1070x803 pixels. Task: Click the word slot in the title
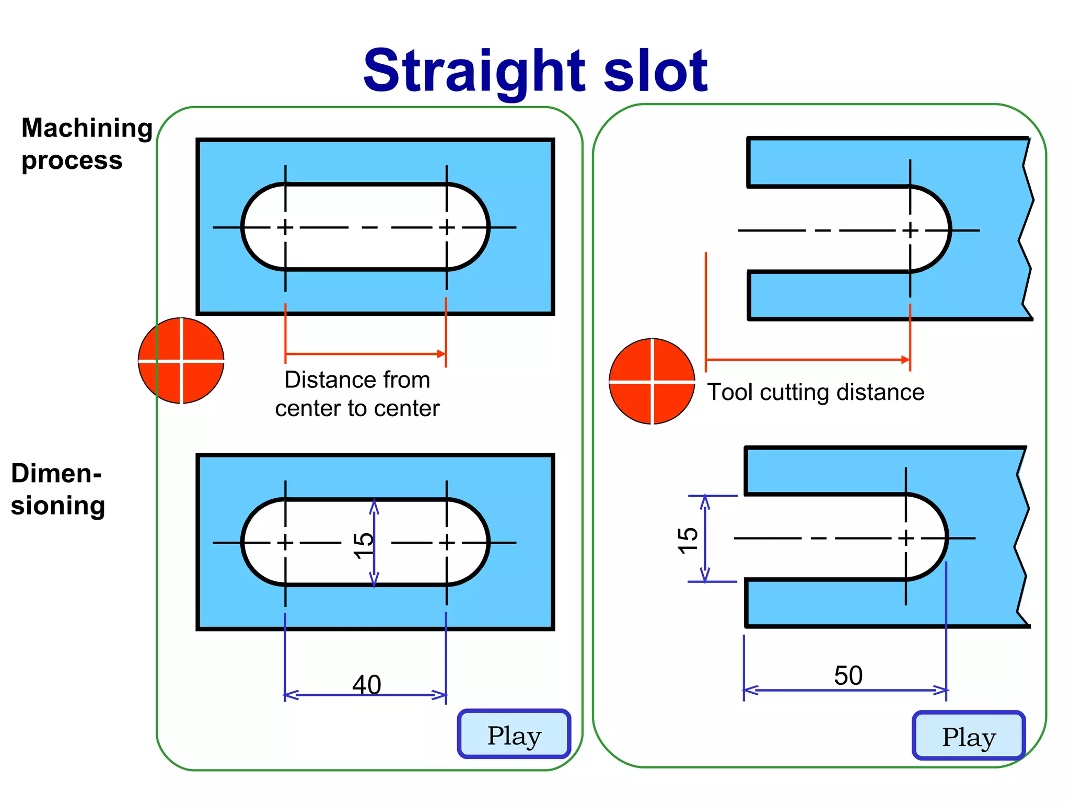pos(655,71)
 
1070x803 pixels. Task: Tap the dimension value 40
pos(367,684)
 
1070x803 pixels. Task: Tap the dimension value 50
pos(848,675)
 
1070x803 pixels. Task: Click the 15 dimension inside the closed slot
pos(363,545)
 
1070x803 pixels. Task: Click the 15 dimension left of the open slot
pos(688,540)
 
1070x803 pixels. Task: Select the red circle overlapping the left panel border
pos(181,361)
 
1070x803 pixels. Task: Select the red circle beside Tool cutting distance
pos(652,382)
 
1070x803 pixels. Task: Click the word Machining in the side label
pos(87,128)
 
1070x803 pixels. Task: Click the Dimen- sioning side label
pos(57,489)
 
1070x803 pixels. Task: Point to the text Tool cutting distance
pos(816,392)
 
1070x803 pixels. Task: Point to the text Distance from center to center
pos(357,394)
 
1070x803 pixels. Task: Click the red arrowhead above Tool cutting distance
pos(906,360)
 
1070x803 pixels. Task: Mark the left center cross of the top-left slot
pos(285,227)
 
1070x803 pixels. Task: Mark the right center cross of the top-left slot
pos(447,227)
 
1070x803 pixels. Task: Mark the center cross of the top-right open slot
pos(910,230)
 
